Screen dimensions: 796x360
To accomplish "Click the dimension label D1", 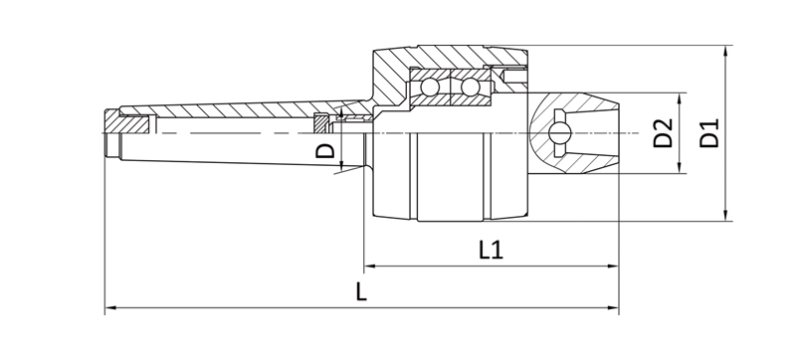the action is click(709, 133).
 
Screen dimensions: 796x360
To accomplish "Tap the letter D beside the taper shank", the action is click(323, 151).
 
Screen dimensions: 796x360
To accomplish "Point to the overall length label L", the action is click(362, 294).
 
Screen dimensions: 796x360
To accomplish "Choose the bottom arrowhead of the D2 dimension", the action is click(681, 168).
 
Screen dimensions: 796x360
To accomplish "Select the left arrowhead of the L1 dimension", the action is click(369, 267).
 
